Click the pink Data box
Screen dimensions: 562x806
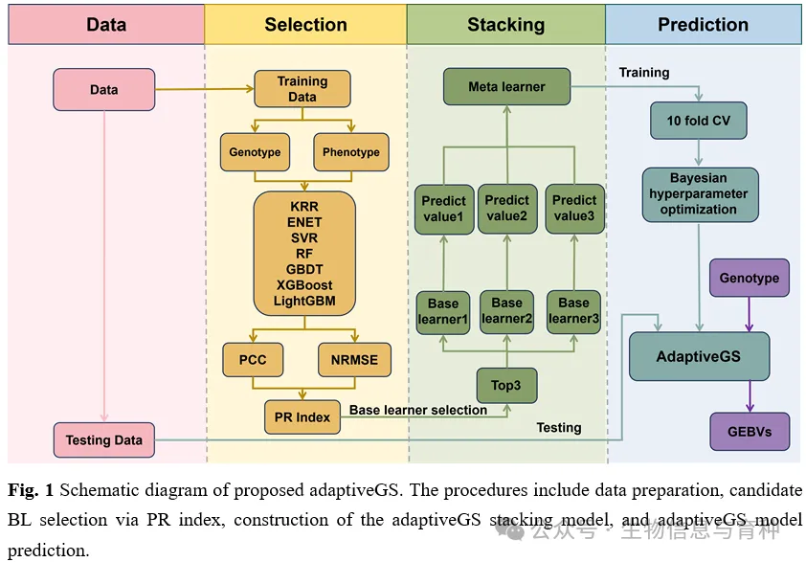tap(103, 89)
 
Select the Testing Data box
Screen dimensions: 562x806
tap(103, 440)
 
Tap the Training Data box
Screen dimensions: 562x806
tap(302, 89)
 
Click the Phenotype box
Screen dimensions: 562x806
tap(350, 152)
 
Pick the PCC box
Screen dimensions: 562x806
tap(253, 360)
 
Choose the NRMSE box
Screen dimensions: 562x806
tap(355, 360)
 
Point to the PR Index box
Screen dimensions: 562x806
tap(302, 416)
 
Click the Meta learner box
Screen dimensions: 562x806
tap(506, 87)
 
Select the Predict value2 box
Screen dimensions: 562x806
tap(506, 209)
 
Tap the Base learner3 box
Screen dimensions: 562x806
tap(574, 311)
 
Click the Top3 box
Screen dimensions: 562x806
tap(506, 385)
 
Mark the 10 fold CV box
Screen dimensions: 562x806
tap(698, 122)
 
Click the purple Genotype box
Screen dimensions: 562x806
tap(749, 278)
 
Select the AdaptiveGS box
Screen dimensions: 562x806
tap(698, 356)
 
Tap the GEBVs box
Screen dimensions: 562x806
tap(749, 431)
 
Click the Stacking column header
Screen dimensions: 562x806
tap(505, 25)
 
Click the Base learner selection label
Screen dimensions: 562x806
tap(417, 410)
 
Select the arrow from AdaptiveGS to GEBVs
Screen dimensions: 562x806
tap(749, 395)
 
